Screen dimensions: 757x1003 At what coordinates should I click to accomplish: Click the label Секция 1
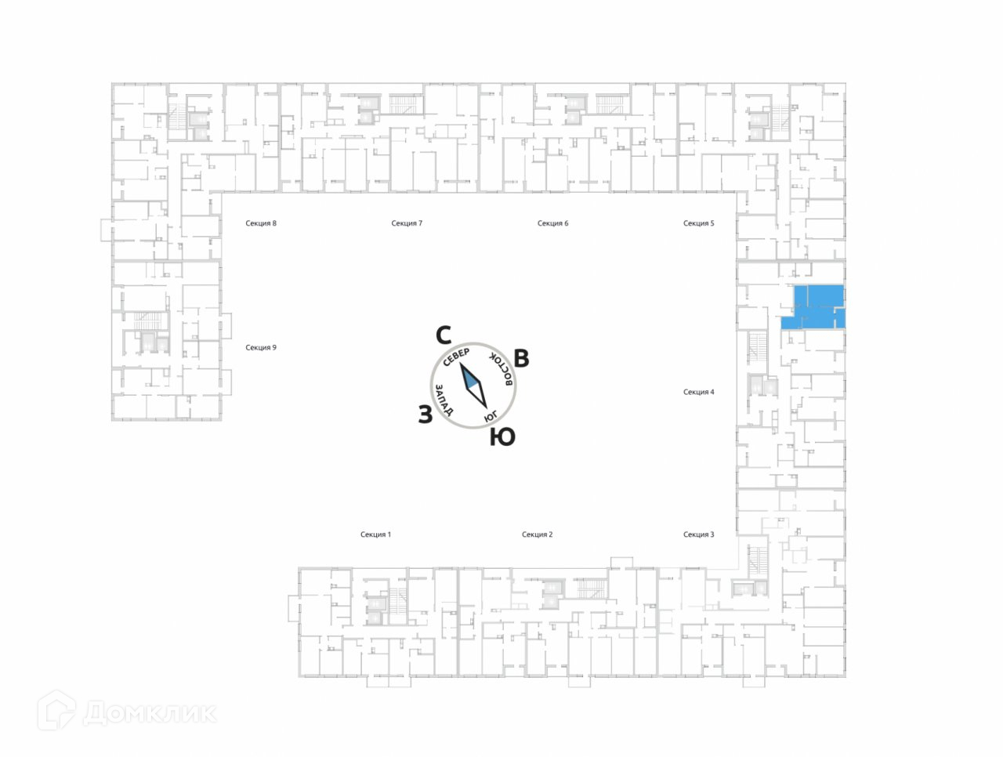375,534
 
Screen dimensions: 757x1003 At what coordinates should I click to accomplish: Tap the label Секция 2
537,534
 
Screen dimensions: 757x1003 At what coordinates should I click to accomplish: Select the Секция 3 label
698,534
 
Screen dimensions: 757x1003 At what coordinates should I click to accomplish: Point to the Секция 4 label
698,392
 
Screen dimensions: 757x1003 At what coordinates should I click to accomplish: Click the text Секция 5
698,223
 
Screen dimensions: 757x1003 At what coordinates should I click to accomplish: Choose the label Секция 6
552,223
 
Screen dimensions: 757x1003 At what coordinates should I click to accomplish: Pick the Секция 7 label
407,223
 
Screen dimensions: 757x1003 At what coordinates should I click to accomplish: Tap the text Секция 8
261,223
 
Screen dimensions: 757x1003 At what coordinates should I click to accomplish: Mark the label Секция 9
261,347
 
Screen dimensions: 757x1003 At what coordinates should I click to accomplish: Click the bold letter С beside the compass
444,336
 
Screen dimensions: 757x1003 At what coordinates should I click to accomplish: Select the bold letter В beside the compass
521,358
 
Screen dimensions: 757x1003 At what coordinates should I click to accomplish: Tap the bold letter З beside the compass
425,415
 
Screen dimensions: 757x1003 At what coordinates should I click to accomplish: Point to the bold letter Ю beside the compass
502,437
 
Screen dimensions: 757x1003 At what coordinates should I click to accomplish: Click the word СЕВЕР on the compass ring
456,357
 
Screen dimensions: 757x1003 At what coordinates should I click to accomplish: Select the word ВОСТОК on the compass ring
501,369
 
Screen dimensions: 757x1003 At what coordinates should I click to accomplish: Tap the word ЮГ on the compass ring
491,415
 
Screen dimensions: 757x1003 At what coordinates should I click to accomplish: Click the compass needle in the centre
473,386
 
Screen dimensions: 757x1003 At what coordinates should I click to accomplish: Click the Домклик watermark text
149,713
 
